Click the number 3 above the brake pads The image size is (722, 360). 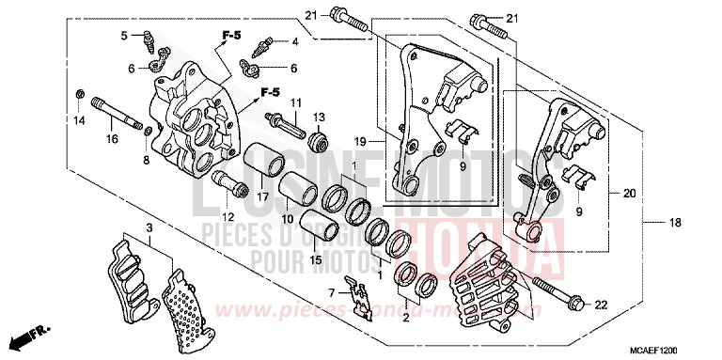pyautogui.click(x=149, y=227)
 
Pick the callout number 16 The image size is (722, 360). pyautogui.click(x=112, y=139)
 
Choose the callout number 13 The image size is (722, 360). pyautogui.click(x=318, y=117)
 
